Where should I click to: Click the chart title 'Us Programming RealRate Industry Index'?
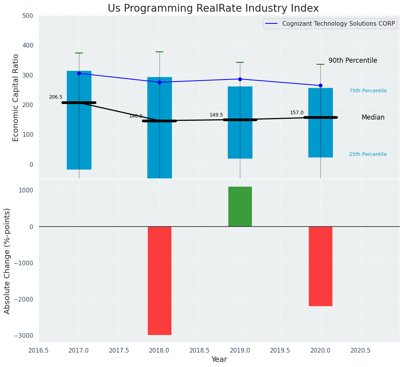click(213, 9)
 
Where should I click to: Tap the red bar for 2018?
click(159, 281)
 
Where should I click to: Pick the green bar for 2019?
click(240, 206)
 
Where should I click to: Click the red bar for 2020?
click(320, 266)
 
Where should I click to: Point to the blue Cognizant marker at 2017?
click(79, 73)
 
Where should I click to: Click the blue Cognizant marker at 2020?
click(320, 85)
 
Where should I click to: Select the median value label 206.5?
click(56, 97)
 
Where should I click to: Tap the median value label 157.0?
click(297, 113)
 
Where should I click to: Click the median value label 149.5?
click(216, 115)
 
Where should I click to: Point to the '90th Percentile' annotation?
click(353, 60)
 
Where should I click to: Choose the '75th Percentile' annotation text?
click(368, 91)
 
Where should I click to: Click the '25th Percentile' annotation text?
click(368, 154)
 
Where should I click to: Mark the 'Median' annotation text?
click(373, 117)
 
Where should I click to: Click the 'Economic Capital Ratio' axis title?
click(16, 97)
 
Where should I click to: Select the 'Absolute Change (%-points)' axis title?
click(7, 261)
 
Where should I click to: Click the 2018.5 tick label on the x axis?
click(199, 350)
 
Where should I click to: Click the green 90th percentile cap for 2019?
click(240, 62)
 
